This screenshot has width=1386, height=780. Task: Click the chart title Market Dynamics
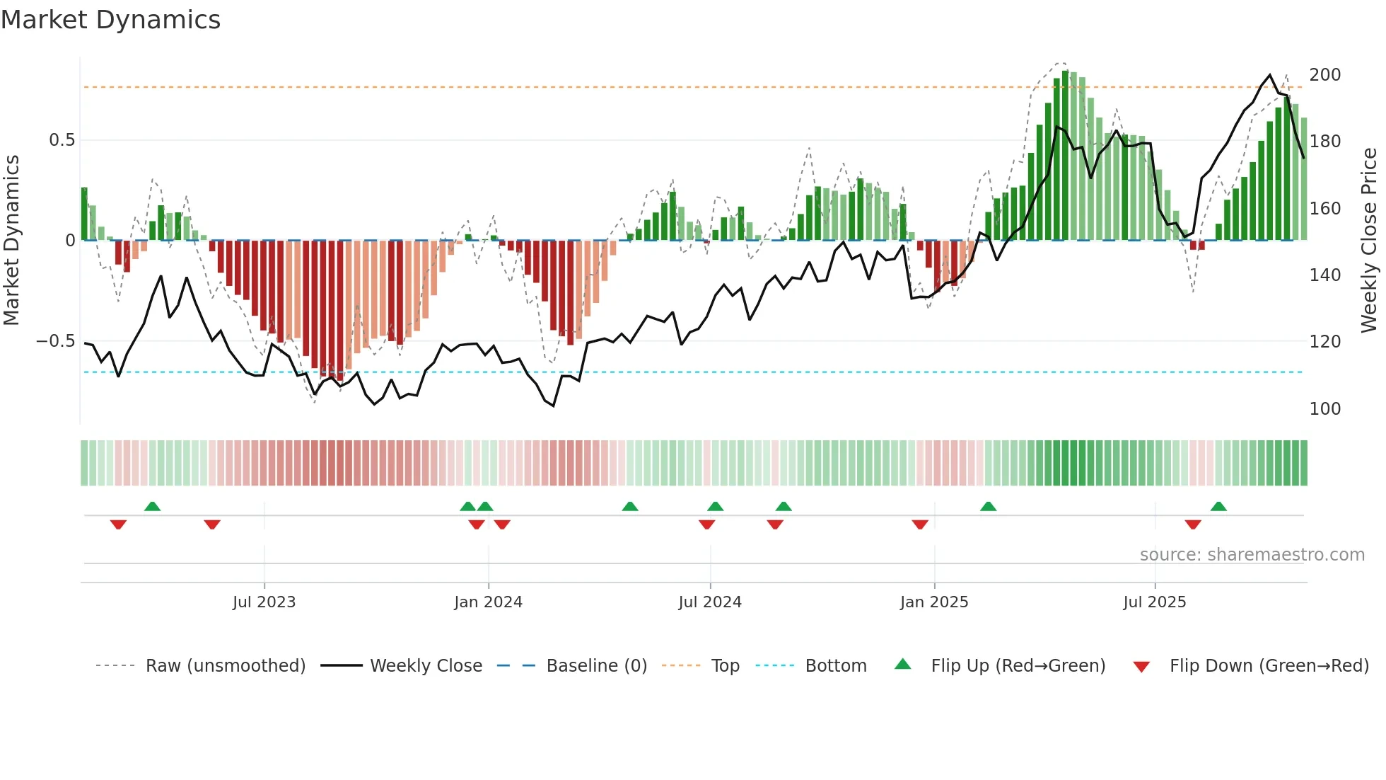110,20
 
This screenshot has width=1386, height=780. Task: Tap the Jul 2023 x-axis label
264,602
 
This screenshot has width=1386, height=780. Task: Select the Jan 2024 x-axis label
488,602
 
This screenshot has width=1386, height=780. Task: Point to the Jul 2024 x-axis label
710,602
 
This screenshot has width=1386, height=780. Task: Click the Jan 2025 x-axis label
934,602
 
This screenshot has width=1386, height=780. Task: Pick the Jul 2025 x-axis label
1155,602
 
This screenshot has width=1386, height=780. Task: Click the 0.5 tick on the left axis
62,140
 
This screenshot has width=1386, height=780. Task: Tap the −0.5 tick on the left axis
56,341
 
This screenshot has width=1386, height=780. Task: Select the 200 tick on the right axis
1324,75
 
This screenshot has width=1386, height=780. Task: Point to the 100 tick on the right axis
1324,409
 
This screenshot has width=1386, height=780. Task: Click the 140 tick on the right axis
1324,275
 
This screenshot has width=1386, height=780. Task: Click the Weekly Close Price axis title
1369,240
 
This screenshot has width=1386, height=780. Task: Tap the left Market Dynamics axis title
12,240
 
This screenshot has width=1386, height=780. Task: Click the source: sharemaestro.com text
1252,555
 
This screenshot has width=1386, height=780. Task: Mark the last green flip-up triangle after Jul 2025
1218,507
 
